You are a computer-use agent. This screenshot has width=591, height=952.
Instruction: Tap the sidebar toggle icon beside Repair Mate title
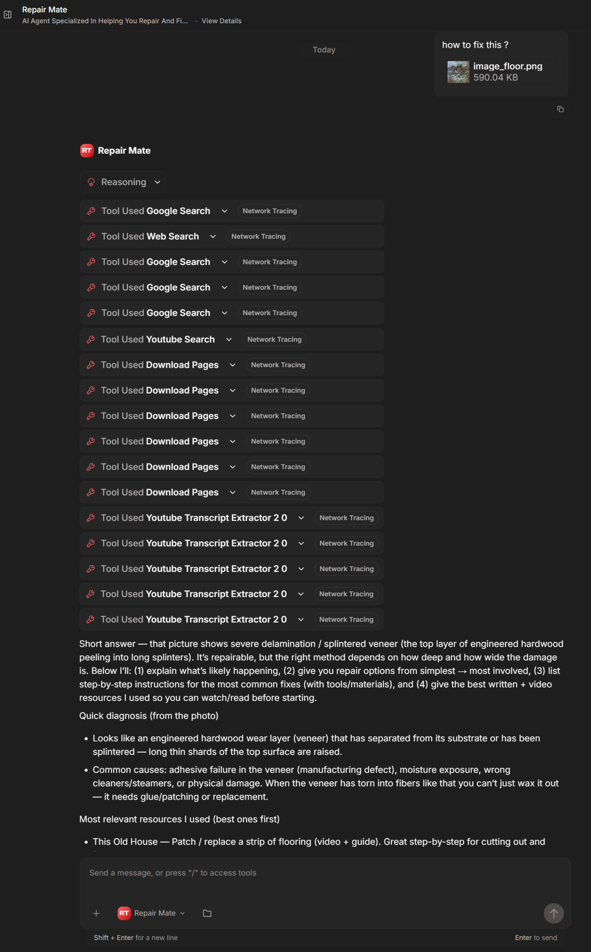(8, 15)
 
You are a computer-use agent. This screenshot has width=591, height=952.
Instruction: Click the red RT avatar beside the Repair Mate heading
(87, 150)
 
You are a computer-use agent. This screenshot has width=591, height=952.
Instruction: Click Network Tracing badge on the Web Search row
(258, 237)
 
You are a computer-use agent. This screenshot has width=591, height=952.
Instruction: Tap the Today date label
(324, 50)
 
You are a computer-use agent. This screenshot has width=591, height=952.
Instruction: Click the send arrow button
(553, 913)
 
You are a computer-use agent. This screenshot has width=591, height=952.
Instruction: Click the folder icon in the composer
(207, 913)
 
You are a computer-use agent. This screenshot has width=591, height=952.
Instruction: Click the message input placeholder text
(173, 873)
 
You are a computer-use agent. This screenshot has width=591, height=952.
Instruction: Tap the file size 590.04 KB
(495, 77)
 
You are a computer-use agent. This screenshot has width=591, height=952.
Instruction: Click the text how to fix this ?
(475, 45)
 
